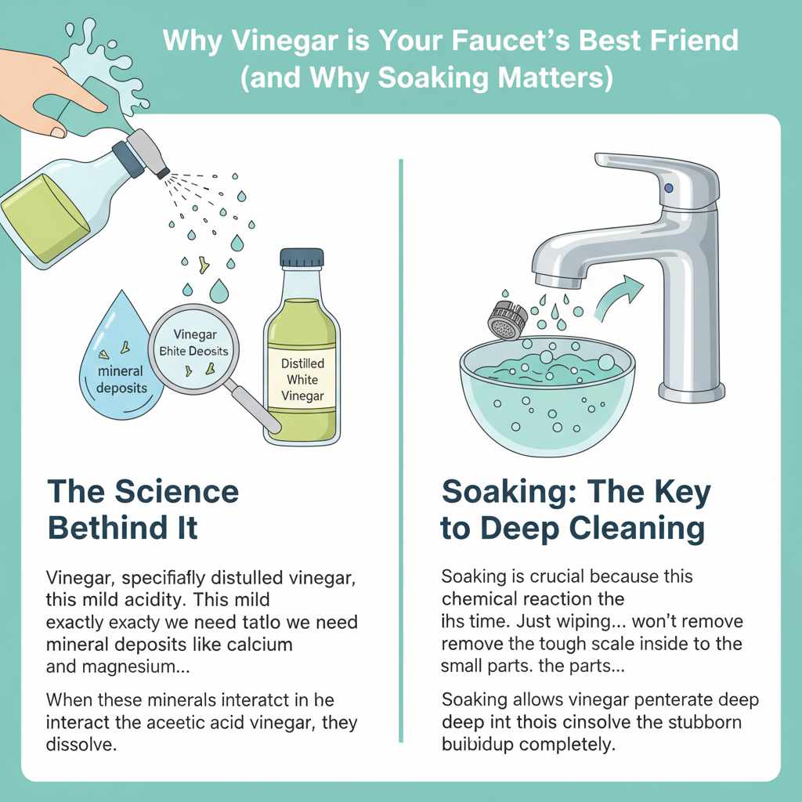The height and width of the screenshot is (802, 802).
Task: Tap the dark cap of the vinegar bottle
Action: pos(302,259)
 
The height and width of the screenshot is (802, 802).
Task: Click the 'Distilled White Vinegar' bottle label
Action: pos(302,380)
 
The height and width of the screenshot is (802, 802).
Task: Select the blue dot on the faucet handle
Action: pos(667,188)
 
